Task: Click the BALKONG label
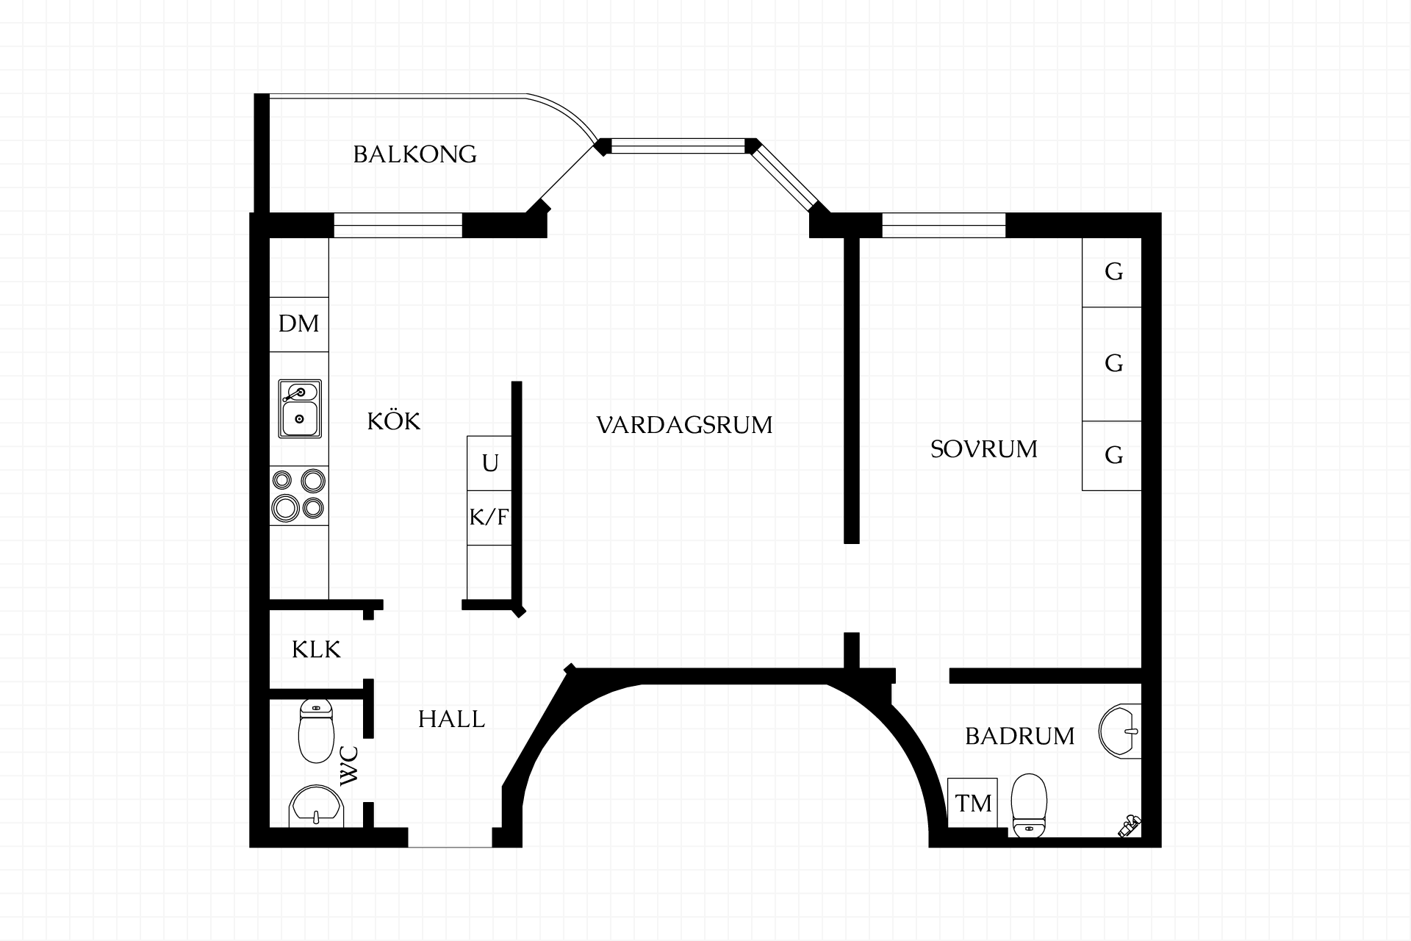click(415, 154)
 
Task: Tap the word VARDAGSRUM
click(684, 425)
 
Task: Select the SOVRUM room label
click(984, 448)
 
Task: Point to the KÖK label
click(394, 421)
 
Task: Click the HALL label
click(451, 719)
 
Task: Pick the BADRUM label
click(1020, 736)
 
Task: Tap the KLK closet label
click(316, 650)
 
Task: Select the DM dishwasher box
click(299, 324)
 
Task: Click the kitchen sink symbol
click(300, 409)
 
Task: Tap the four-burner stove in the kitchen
click(299, 495)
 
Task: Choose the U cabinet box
click(489, 463)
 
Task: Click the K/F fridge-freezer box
click(489, 518)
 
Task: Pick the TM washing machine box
click(972, 803)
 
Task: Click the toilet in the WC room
click(316, 731)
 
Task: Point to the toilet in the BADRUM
click(1029, 805)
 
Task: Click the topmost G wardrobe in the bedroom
click(1112, 273)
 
